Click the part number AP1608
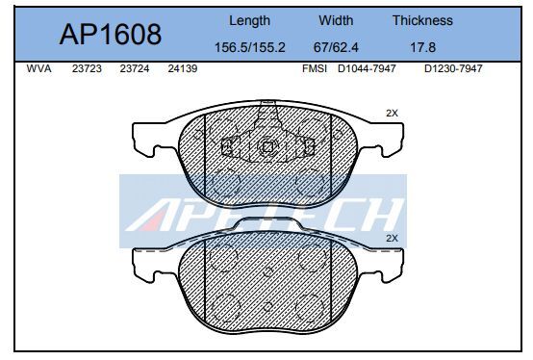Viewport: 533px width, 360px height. coord(111,35)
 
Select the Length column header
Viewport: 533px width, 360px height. coord(249,20)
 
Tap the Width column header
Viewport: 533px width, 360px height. coord(337,20)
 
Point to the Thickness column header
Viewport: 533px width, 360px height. coord(421,20)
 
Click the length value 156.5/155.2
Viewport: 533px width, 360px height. coord(249,47)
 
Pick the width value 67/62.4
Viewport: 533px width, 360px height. coord(337,47)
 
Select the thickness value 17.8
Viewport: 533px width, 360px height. coord(421,47)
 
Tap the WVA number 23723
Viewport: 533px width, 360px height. coord(89,69)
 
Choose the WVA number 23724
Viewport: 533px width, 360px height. coord(136,69)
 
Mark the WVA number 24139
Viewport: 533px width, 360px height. coord(182,69)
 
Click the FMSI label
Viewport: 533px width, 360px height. coord(315,69)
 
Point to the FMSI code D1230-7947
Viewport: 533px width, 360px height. coord(452,69)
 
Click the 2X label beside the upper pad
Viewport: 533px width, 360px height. coord(391,113)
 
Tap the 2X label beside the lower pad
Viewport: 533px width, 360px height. coord(391,237)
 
